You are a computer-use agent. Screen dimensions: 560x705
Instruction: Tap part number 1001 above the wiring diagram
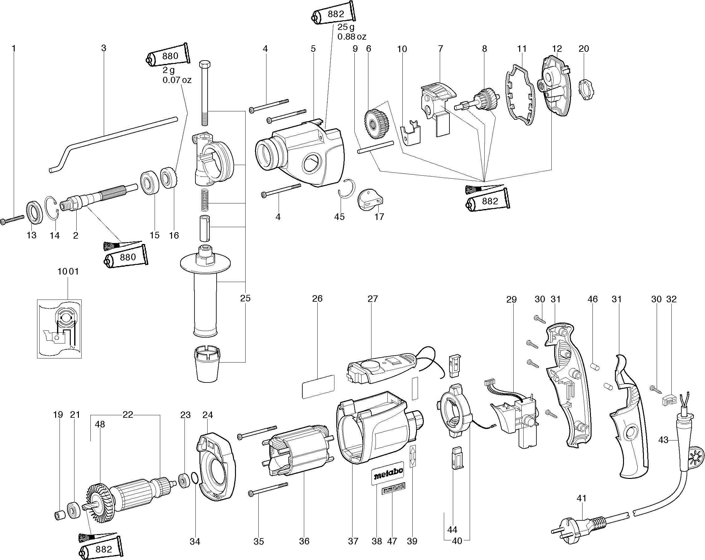(68, 271)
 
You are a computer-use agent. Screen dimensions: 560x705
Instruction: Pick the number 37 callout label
(353, 541)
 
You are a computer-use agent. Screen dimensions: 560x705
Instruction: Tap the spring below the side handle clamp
(204, 201)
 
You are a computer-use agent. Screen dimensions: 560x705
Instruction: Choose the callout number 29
(511, 299)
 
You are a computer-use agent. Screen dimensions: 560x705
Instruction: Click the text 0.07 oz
(177, 80)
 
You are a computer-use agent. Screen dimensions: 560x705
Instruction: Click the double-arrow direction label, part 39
(413, 455)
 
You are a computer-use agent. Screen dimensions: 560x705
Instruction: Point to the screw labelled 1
(12, 219)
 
